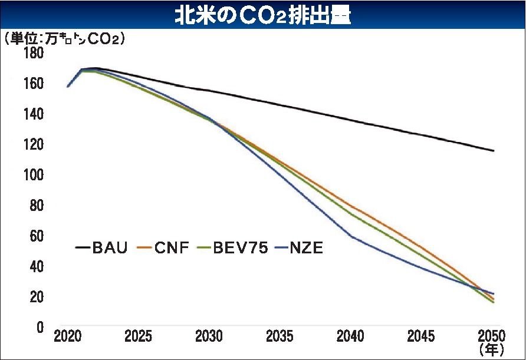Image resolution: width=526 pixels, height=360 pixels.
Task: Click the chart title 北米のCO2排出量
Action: pyautogui.click(x=263, y=15)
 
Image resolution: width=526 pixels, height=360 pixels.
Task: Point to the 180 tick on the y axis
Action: pyautogui.click(x=34, y=53)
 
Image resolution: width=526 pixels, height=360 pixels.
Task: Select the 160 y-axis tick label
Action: pyautogui.click(x=34, y=84)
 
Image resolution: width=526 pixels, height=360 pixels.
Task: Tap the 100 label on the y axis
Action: pyautogui.click(x=34, y=176)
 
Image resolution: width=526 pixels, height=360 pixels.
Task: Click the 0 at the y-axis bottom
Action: pyautogui.click(x=40, y=328)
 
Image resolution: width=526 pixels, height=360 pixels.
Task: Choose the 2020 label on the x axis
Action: pyautogui.click(x=68, y=336)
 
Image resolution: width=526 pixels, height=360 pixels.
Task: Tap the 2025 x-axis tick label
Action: pyautogui.click(x=138, y=336)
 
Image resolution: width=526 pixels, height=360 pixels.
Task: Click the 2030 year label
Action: pyautogui.click(x=209, y=336)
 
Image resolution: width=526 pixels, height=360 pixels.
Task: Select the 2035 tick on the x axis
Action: pyautogui.click(x=280, y=336)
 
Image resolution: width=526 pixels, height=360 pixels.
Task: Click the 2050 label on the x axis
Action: pyautogui.click(x=492, y=336)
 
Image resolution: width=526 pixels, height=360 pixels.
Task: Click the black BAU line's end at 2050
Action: pyautogui.click(x=494, y=151)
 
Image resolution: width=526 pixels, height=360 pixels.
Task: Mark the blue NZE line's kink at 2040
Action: pyautogui.click(x=352, y=236)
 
